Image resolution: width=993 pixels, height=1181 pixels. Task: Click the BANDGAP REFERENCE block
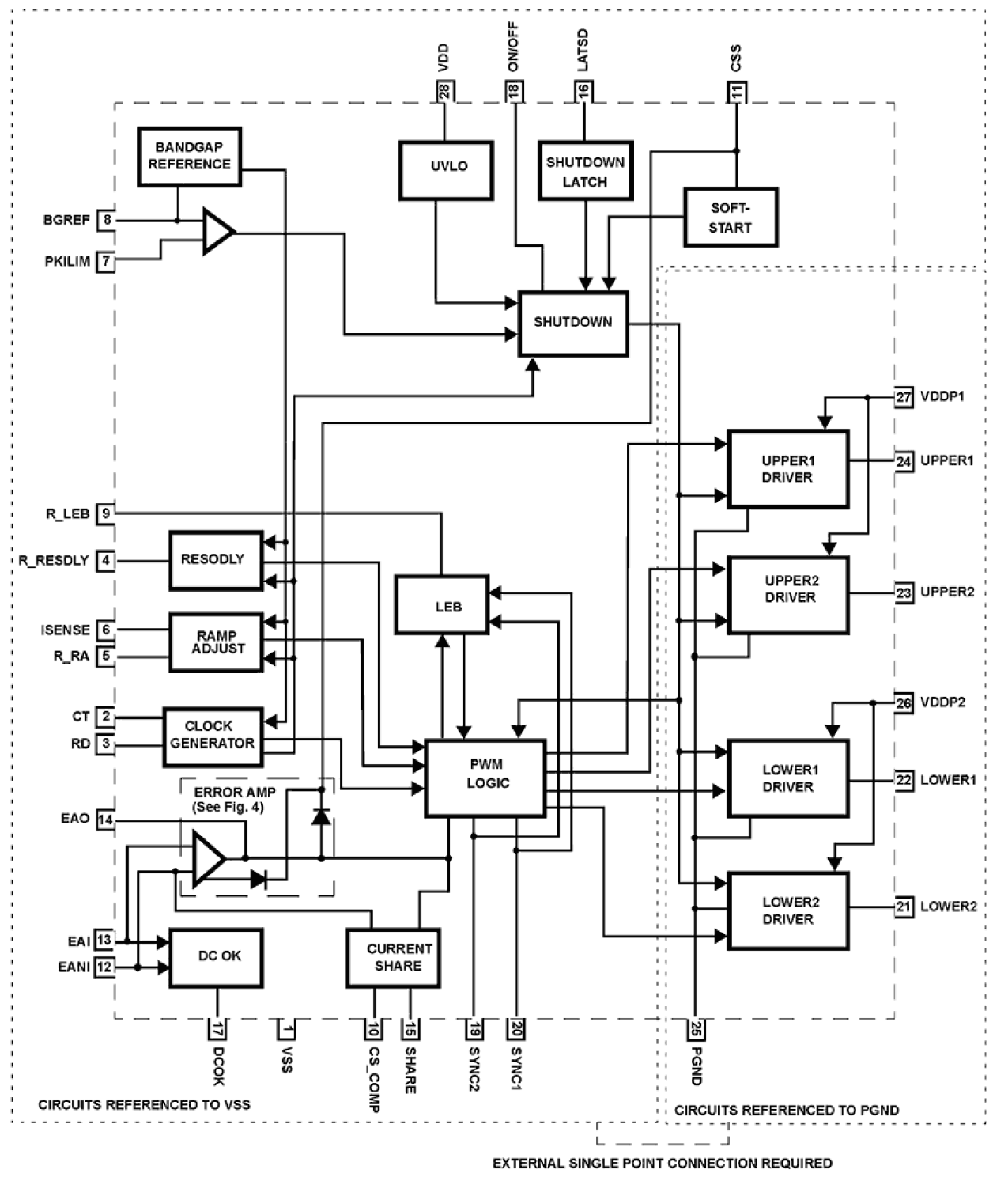tap(189, 157)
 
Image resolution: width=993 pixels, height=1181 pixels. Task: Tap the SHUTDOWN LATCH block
tap(585, 171)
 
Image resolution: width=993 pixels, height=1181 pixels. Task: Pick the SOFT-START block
tap(730, 218)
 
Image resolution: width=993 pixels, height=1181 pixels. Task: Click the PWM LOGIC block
tap(485, 778)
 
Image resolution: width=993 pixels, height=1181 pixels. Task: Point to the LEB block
tap(442, 605)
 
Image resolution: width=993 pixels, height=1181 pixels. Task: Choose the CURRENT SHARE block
tap(394, 957)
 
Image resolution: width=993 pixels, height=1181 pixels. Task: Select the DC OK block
tap(216, 957)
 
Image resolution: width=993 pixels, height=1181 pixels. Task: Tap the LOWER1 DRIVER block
tap(787, 778)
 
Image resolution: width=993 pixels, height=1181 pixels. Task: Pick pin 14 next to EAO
tap(105, 820)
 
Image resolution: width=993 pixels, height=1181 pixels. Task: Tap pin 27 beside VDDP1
tap(904, 397)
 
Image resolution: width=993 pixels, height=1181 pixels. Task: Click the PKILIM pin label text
tap(67, 262)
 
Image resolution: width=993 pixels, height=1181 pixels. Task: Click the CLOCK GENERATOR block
tap(213, 736)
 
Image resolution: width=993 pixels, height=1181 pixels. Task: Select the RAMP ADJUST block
tap(216, 642)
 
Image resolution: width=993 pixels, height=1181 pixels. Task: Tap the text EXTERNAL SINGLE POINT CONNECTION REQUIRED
tap(662, 1163)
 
